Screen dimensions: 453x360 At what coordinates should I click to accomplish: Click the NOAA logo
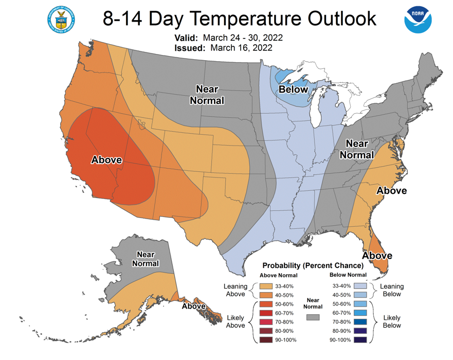418,20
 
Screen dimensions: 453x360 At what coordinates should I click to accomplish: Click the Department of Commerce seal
61,20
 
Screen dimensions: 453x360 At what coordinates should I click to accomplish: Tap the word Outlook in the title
342,19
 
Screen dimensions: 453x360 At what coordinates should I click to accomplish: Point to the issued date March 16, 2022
241,48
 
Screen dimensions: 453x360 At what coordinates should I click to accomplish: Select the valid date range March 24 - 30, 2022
243,38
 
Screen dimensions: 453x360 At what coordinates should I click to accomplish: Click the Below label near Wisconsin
293,89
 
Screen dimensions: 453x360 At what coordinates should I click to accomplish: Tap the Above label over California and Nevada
106,160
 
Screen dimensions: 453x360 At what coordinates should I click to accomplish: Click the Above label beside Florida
377,256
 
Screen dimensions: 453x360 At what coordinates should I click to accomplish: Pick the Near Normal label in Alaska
146,259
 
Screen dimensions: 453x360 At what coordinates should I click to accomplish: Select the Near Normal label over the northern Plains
207,95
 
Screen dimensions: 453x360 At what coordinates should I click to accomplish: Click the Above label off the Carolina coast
391,190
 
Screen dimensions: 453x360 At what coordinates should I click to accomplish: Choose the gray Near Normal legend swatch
313,317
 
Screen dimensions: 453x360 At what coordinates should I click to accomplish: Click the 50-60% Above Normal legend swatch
266,304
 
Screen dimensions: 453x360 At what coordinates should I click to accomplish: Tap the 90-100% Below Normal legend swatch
360,340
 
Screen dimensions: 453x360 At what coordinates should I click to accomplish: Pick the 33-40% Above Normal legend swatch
266,286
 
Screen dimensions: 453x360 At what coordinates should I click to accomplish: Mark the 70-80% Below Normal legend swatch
360,322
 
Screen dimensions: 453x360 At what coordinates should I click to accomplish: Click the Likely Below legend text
392,321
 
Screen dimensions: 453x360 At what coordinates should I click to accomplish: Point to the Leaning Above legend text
235,290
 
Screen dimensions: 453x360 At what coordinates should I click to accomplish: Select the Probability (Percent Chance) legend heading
313,265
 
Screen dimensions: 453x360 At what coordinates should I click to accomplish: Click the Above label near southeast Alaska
193,306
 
